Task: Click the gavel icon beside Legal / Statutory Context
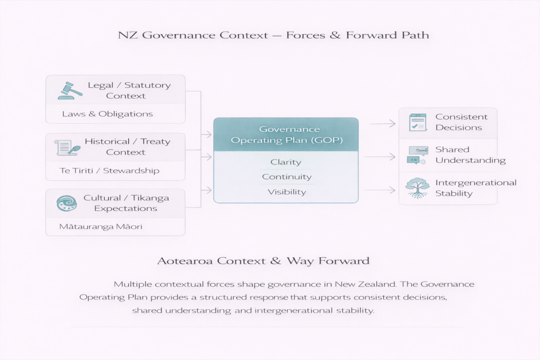[x=69, y=91]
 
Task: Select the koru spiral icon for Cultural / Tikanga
[x=67, y=203]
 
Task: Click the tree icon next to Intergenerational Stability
[x=418, y=188]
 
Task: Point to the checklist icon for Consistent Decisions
[x=418, y=122]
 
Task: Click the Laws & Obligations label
[x=107, y=114]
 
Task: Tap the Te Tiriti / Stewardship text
[x=110, y=170]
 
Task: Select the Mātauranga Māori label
[x=102, y=227]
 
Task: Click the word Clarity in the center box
[x=286, y=162]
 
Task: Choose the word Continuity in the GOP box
[x=286, y=177]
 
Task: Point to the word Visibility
[x=286, y=192]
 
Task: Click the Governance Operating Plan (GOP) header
[x=286, y=134]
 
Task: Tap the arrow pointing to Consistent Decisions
[x=382, y=123]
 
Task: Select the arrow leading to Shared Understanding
[x=380, y=157]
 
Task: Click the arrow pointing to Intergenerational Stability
[x=380, y=190]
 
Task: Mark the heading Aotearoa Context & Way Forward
[x=263, y=261]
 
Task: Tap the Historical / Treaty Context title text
[x=127, y=147]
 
